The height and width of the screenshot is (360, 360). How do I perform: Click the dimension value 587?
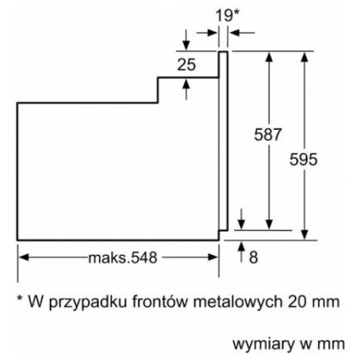pyautogui.click(x=268, y=135)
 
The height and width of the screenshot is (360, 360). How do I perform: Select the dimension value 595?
pyautogui.click(x=303, y=159)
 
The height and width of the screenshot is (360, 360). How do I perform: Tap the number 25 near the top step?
pyautogui.click(x=186, y=65)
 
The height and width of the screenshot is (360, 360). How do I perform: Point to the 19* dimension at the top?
pyautogui.click(x=227, y=15)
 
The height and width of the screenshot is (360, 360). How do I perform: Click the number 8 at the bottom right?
pyautogui.click(x=253, y=257)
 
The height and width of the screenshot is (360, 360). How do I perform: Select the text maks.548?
pyautogui.click(x=123, y=258)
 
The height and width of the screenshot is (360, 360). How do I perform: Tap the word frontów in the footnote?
pyautogui.click(x=159, y=301)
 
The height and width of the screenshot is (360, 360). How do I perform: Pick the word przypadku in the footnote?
pyautogui.click(x=88, y=303)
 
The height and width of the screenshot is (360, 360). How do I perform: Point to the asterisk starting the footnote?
pyautogui.click(x=20, y=298)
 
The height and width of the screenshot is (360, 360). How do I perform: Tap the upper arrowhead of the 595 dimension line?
pyautogui.click(x=304, y=57)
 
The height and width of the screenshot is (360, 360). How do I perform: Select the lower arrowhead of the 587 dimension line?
pyautogui.click(x=269, y=225)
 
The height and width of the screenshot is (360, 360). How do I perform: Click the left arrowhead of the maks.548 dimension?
pyautogui.click(x=24, y=257)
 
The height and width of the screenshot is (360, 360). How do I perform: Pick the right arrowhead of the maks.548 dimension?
pyautogui.click(x=213, y=257)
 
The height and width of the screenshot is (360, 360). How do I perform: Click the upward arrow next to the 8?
pyautogui.click(x=241, y=252)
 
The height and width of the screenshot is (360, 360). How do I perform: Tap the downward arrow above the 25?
pyautogui.click(x=186, y=40)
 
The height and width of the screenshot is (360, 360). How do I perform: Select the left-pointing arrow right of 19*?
pyautogui.click(x=242, y=33)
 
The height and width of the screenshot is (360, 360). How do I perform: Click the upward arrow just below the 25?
pyautogui.click(x=186, y=89)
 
